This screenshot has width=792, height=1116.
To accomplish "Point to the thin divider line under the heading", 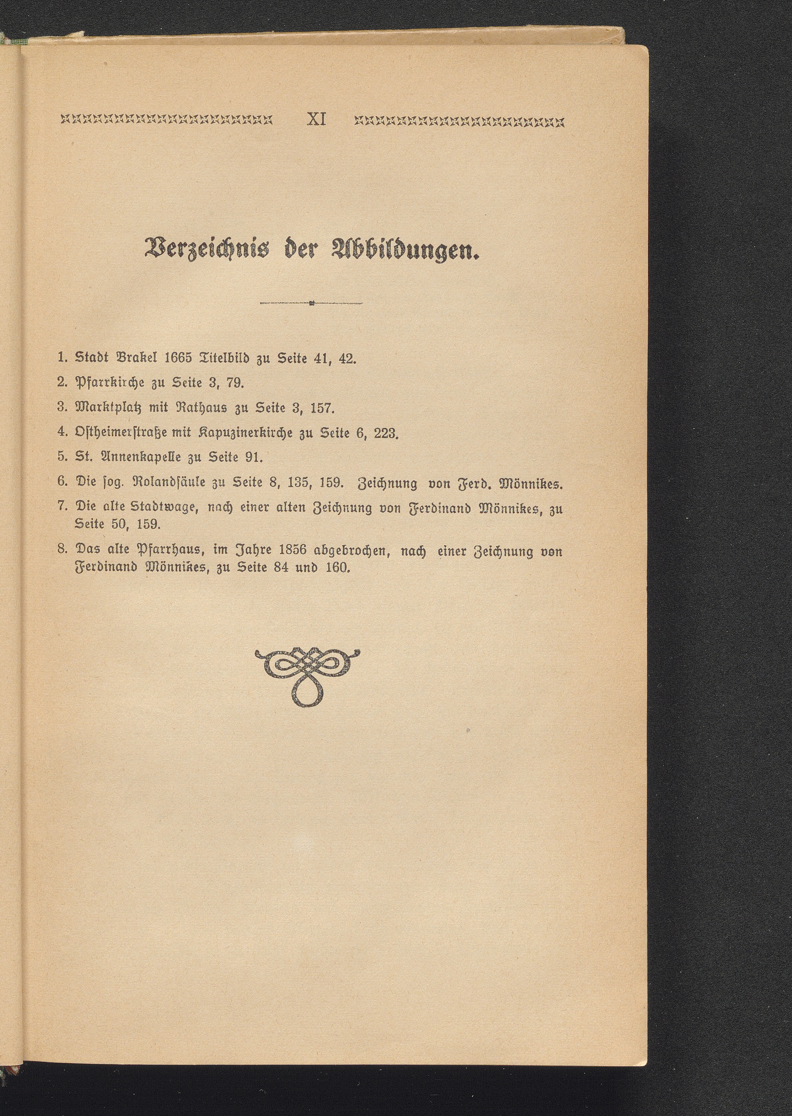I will [x=312, y=304].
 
